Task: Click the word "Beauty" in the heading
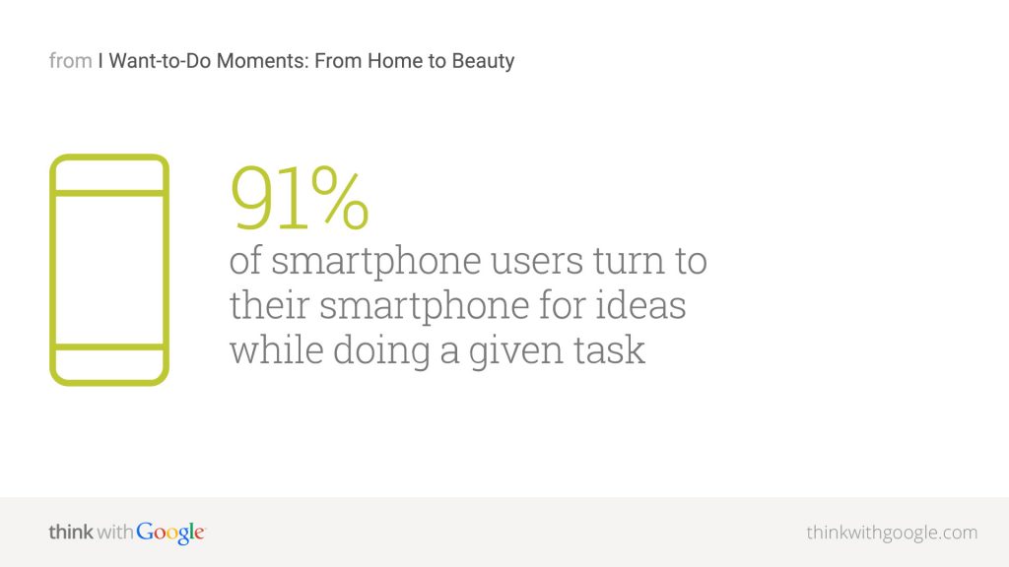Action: pos(483,61)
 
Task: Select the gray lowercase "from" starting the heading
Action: pos(70,61)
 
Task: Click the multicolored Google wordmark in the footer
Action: pos(170,533)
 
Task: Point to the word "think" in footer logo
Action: pos(71,533)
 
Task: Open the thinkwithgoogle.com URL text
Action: pos(892,533)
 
